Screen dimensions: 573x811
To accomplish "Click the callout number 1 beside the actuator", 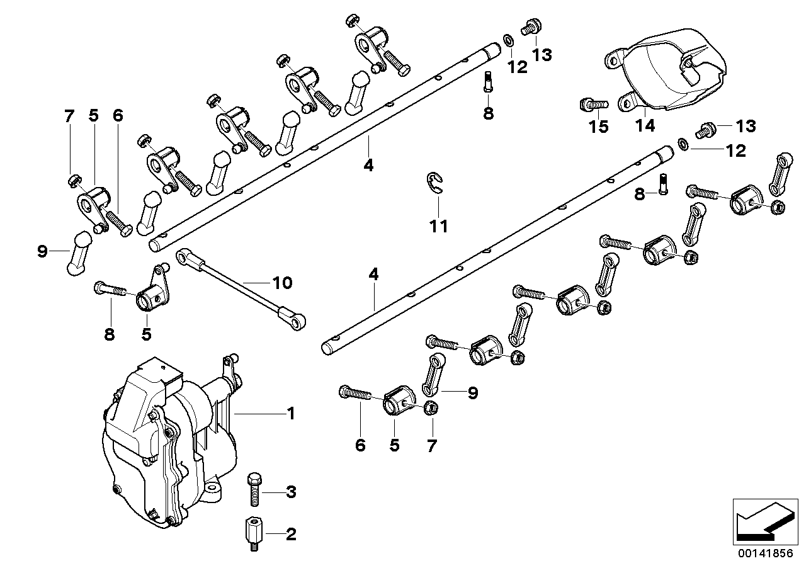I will [290, 414].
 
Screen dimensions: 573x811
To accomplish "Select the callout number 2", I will [290, 535].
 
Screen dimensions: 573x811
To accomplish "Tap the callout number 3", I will [290, 492].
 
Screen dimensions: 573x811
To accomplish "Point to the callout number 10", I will [283, 283].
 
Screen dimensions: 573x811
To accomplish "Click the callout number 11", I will [438, 226].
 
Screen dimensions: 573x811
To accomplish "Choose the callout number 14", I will [645, 126].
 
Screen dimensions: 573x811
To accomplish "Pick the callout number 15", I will [598, 127].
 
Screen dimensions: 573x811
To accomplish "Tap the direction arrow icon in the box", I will [763, 520].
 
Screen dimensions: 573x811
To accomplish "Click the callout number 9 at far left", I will [42, 252].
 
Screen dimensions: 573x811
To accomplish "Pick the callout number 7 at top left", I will [69, 116].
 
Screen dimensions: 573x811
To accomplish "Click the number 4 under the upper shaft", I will [368, 166].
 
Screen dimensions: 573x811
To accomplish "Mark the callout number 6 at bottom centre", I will [360, 446].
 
